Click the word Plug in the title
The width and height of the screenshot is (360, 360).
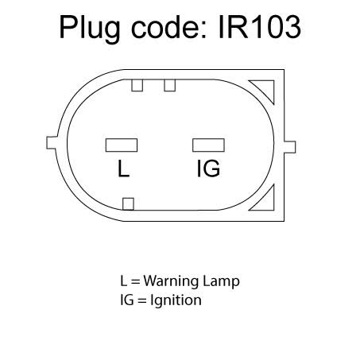click(90, 29)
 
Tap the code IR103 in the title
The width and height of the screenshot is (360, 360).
click(259, 27)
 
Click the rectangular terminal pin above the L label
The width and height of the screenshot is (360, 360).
click(122, 145)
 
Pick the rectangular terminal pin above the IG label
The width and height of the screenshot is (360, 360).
click(208, 145)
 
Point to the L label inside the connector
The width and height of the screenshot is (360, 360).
click(123, 168)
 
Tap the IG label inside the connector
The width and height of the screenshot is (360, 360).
click(208, 168)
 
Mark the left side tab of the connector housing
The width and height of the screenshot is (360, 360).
click(52, 142)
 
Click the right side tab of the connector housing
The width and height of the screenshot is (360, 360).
click(290, 147)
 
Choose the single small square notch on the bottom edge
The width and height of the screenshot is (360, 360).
click(128, 204)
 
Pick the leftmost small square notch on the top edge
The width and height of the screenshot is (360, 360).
click(137, 85)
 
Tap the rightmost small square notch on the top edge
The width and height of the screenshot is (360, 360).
click(169, 85)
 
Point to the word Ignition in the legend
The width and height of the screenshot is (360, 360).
click(176, 301)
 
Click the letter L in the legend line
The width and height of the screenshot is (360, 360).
click(123, 281)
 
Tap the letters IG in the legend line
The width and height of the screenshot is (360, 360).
click(127, 300)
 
